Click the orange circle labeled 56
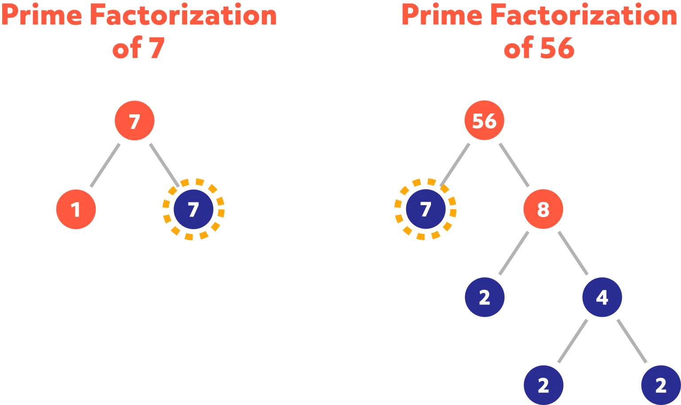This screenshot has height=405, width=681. tap(484, 121)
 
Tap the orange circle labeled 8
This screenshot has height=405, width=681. tap(543, 209)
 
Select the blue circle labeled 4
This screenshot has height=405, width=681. tap(602, 297)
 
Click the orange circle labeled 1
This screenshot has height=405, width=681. tap(76, 209)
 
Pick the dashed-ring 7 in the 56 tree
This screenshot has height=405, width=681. tap(426, 209)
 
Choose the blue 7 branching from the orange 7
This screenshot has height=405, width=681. tap(193, 209)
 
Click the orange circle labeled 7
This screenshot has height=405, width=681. tap(134, 121)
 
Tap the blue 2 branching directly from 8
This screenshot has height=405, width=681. tap(485, 297)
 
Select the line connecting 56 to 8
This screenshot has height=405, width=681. tap(514, 165)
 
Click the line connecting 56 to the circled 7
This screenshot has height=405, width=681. tap(455, 165)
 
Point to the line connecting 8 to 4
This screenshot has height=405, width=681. tap(573, 253)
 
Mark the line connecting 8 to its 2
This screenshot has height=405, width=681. tap(514, 253)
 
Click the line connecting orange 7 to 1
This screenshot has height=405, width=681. tap(105, 165)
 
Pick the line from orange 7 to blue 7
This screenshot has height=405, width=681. tap(164, 165)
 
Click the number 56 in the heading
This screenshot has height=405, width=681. tap(557, 48)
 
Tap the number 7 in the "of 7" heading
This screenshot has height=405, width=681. tap(157, 48)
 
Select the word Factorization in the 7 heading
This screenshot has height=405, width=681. tap(183, 15)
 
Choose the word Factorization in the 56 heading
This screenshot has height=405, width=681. tap(583, 15)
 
